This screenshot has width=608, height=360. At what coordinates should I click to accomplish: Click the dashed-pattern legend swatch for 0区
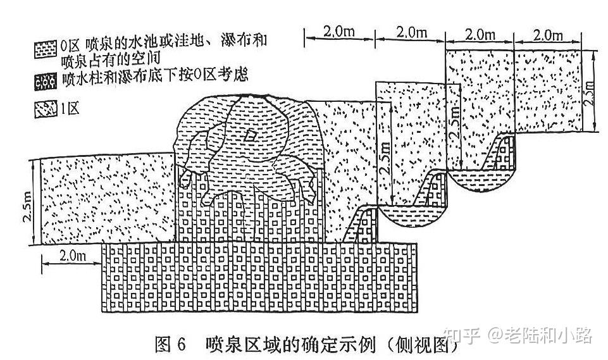[x=47, y=48]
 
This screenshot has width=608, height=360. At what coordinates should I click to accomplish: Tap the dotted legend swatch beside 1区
[x=47, y=109]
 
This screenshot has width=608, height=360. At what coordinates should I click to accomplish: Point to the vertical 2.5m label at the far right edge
[x=590, y=90]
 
